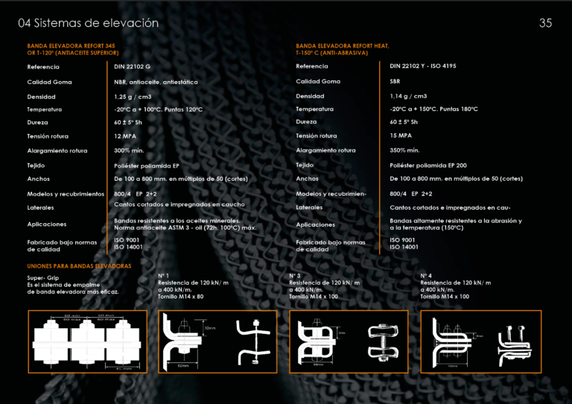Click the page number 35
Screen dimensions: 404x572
coord(545,23)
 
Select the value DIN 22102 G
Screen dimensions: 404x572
coord(132,67)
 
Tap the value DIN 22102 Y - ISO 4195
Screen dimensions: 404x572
coord(422,66)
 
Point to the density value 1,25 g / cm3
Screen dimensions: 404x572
coord(133,97)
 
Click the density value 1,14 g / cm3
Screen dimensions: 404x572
coord(408,96)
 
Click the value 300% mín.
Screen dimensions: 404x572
coord(129,150)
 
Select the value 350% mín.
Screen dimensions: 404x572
coord(404,150)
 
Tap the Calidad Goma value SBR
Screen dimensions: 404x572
coord(395,81)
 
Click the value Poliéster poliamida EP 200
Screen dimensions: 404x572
coord(428,165)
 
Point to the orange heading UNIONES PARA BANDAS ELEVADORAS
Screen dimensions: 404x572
coord(79,266)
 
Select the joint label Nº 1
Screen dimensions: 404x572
coord(164,276)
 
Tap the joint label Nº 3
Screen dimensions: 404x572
coord(295,276)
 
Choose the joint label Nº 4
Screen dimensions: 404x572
coord(426,276)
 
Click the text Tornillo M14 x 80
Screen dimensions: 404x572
coord(180,297)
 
